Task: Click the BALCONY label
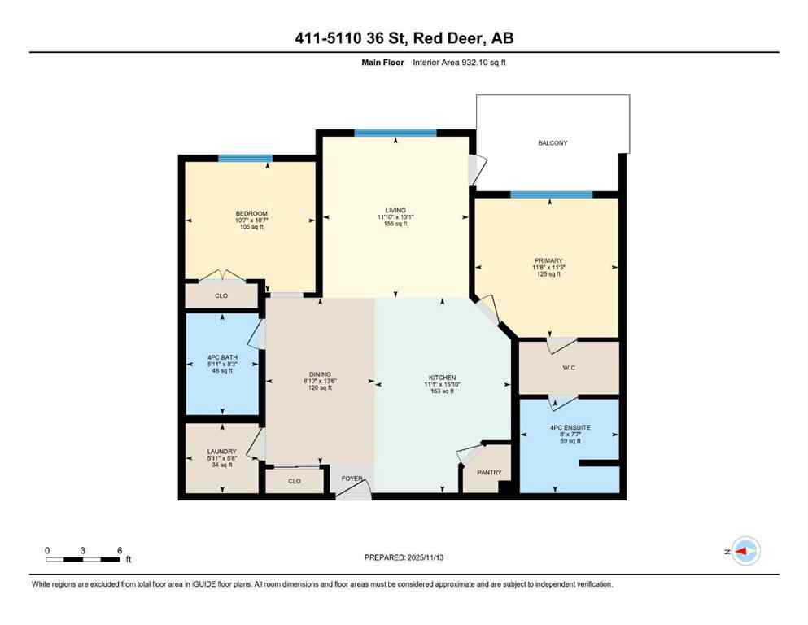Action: [552, 142]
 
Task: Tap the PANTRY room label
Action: [490, 473]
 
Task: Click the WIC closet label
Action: [569, 369]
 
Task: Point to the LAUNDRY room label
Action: [221, 451]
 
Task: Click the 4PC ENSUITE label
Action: [569, 427]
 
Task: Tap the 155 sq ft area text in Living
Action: [396, 224]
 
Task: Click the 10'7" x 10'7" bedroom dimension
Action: [251, 221]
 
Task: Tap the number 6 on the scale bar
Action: [120, 550]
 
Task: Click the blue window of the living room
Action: [395, 133]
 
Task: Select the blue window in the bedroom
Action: [244, 158]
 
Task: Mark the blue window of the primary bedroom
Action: [551, 194]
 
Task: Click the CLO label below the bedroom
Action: [221, 295]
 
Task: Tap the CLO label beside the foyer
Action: [295, 481]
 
